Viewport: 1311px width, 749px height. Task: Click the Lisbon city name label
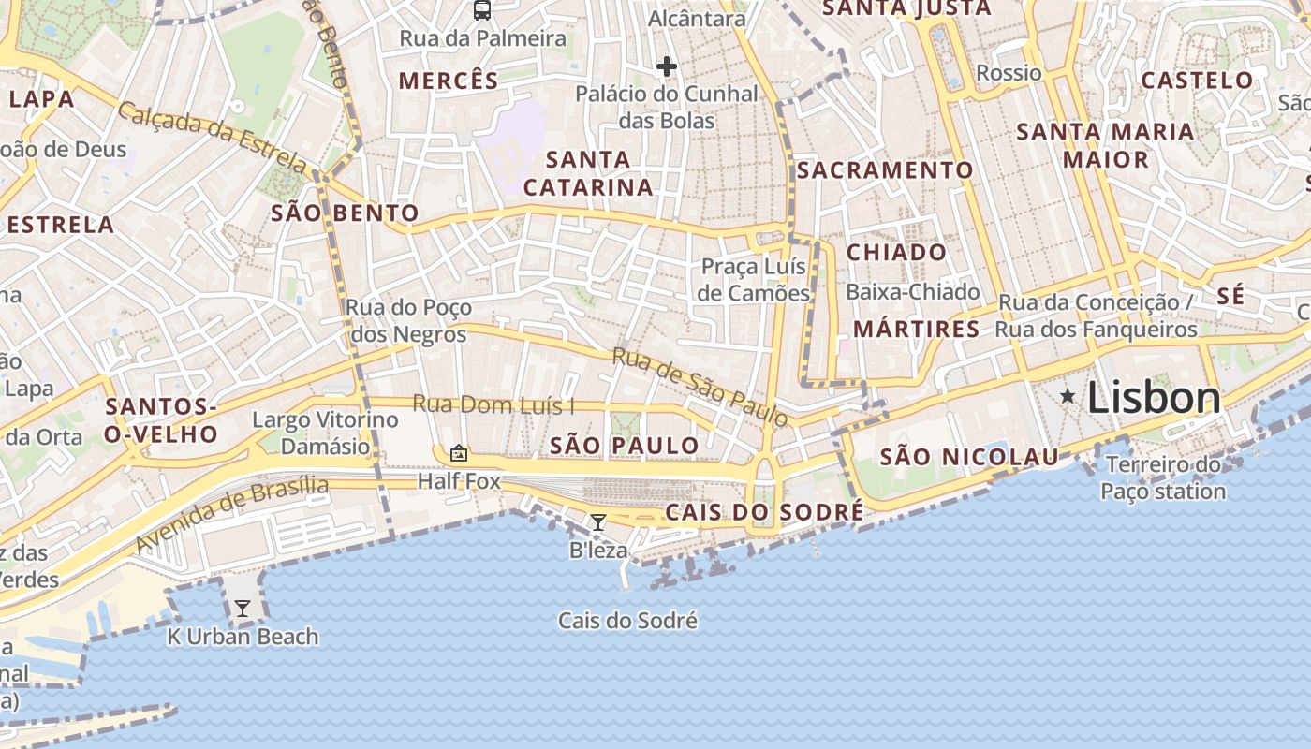tap(1154, 398)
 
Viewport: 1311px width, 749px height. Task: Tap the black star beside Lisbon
tap(1067, 397)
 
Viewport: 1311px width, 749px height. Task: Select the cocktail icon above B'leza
tap(598, 521)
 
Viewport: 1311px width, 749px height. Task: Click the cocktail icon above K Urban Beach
tap(243, 609)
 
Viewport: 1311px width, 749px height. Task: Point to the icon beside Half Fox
tap(459, 453)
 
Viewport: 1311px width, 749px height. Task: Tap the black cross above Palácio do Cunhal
tap(667, 66)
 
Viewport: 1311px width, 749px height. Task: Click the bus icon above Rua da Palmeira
tap(482, 10)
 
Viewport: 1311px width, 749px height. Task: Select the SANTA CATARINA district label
tap(588, 173)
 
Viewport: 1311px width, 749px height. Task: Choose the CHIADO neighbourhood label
tap(896, 253)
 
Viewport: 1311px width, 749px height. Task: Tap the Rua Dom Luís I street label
tap(493, 405)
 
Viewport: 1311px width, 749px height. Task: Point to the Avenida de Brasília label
tap(232, 515)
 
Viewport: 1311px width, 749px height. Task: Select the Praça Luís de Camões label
tap(755, 280)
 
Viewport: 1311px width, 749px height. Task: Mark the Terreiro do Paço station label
tap(1162, 477)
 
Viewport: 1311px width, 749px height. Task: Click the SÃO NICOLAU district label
tap(969, 458)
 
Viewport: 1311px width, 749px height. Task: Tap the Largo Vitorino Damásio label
tap(326, 433)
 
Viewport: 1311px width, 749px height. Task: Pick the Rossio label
tap(1009, 73)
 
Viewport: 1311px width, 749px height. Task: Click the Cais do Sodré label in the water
tap(627, 621)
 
